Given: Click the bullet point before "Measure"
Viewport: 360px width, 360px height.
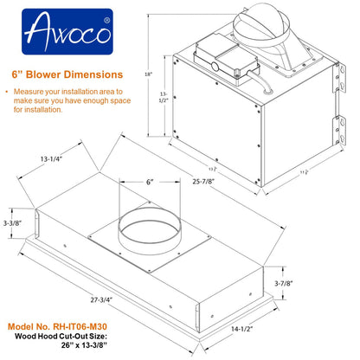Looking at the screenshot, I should [9, 90].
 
